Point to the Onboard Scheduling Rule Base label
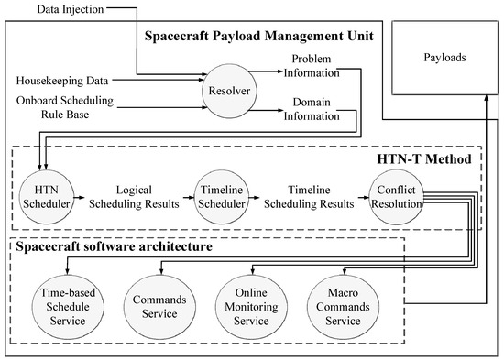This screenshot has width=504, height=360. tap(56, 106)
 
